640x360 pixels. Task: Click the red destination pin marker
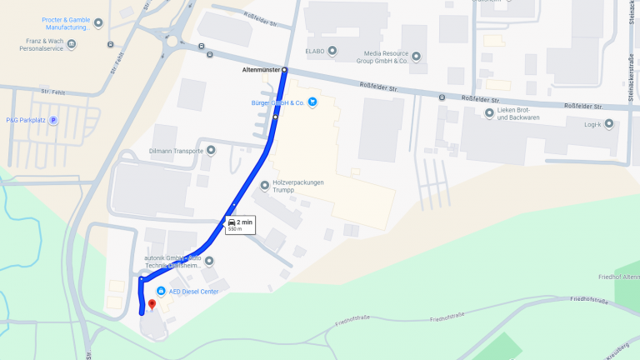pyautogui.click(x=151, y=305)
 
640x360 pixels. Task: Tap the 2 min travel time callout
pyautogui.click(x=239, y=224)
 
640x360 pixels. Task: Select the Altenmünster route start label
pyautogui.click(x=260, y=70)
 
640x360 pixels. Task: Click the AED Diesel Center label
pyautogui.click(x=193, y=291)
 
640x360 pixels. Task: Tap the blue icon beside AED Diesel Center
pyautogui.click(x=161, y=291)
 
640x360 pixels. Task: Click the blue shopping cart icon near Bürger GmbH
pyautogui.click(x=312, y=102)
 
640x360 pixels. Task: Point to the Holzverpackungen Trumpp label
pyautogui.click(x=297, y=187)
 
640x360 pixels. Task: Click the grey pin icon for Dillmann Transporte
pyautogui.click(x=211, y=151)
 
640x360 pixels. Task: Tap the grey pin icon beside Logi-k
pyautogui.click(x=609, y=124)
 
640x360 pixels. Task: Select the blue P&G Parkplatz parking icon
pyautogui.click(x=53, y=120)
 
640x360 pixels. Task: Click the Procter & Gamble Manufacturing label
pyautogui.click(x=66, y=23)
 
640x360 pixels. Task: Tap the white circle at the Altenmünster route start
pyautogui.click(x=284, y=70)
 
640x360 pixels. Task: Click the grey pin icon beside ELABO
pyautogui.click(x=333, y=52)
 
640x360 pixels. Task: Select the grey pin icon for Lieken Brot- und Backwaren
pyautogui.click(x=489, y=112)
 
